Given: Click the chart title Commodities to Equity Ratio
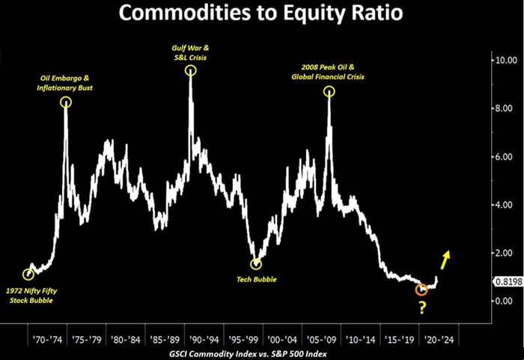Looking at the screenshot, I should pyautogui.click(x=261, y=15).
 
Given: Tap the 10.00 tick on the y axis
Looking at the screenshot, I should pyautogui.click(x=500, y=60).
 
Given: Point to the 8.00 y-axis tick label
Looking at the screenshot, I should pyautogui.click(x=500, y=109).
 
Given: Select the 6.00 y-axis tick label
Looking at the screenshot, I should pyautogui.click(x=500, y=157).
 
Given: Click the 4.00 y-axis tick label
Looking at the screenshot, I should pyautogui.click(x=500, y=205).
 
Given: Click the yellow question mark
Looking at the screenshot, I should pyautogui.click(x=422, y=307).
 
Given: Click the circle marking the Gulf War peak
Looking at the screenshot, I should pyautogui.click(x=191, y=70).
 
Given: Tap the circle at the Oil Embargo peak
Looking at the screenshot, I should pyautogui.click(x=66, y=103).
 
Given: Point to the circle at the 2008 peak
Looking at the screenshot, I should pyautogui.click(x=329, y=91).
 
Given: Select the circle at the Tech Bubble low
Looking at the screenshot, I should pyautogui.click(x=256, y=263).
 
